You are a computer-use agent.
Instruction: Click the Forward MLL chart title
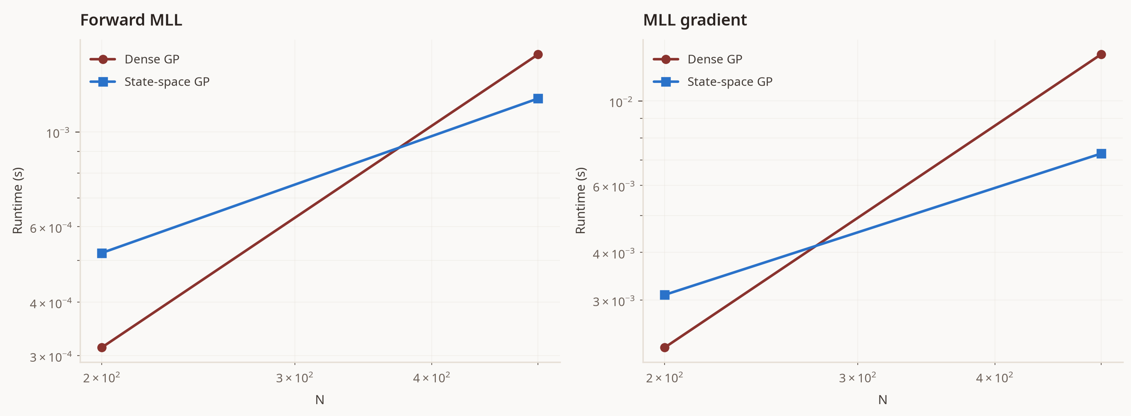tap(131, 20)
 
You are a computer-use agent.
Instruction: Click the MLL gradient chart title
tap(695, 20)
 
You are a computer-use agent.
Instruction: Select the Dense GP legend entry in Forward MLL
tap(134, 59)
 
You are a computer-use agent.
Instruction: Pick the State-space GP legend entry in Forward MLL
tap(149, 82)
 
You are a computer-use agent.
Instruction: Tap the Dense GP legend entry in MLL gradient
tap(697, 59)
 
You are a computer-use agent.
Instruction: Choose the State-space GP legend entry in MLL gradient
tap(712, 82)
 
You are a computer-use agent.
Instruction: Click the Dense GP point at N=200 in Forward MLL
tap(102, 347)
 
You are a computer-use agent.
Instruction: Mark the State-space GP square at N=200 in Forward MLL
tap(102, 253)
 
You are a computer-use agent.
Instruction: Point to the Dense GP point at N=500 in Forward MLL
tap(538, 54)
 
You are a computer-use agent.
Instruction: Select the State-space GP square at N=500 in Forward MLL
tap(538, 98)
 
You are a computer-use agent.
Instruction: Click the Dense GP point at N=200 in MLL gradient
tap(665, 347)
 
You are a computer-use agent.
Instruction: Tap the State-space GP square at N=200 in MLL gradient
tap(665, 295)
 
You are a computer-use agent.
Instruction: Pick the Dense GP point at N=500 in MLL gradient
tap(1101, 54)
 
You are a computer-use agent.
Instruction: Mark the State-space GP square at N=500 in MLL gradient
tap(1101, 153)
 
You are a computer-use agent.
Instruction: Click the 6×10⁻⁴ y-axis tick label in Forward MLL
tap(51, 228)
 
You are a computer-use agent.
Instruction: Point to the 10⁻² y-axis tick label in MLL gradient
tap(621, 102)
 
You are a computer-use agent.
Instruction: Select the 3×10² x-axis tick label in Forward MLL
tap(294, 377)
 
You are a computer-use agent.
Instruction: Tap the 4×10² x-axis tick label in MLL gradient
tap(995, 377)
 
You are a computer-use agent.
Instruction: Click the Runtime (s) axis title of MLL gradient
tap(580, 200)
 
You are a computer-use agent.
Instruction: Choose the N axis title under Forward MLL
tap(320, 400)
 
